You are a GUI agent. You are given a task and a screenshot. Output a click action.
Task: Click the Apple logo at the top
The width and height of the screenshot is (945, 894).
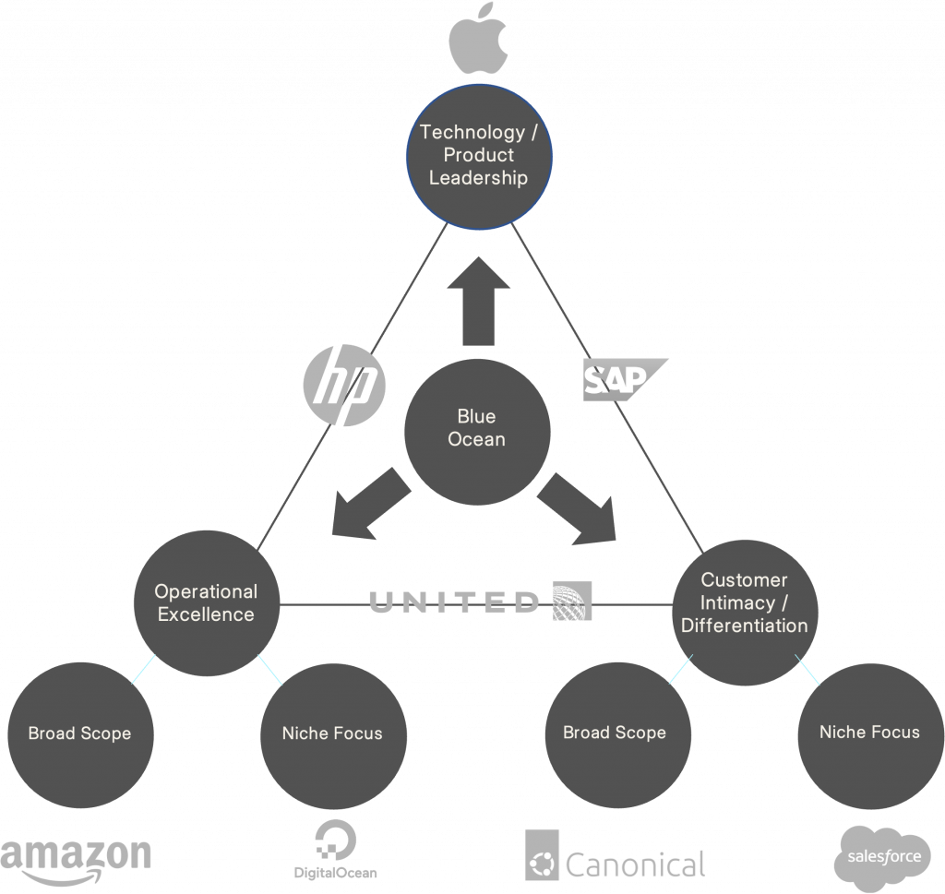click(x=478, y=36)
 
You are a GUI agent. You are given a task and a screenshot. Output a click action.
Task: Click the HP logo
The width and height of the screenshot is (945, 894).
click(x=343, y=383)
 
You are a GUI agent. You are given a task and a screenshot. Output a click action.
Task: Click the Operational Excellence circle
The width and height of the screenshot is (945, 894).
click(x=206, y=602)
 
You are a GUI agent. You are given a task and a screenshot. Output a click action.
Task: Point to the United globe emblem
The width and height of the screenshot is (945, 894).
click(x=571, y=602)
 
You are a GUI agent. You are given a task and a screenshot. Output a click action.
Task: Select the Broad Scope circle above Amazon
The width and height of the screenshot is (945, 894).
click(x=79, y=733)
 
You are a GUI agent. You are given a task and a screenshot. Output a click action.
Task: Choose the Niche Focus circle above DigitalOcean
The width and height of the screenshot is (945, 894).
click(x=332, y=733)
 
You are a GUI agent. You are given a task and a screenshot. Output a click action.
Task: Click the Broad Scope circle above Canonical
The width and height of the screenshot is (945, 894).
click(x=615, y=733)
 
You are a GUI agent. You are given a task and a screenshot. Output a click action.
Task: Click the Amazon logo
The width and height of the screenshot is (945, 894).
click(x=76, y=859)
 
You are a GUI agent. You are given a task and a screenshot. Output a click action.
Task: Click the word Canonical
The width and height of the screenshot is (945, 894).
click(x=634, y=864)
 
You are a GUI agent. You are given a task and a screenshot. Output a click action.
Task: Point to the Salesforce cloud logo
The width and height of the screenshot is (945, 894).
click(x=880, y=858)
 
